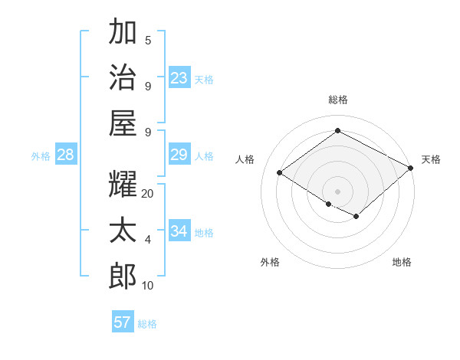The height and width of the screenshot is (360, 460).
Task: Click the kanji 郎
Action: [123, 275]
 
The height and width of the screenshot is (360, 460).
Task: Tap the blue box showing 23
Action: [179, 78]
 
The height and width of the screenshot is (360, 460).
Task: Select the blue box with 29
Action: [179, 155]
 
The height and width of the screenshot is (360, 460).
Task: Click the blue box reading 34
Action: [179, 231]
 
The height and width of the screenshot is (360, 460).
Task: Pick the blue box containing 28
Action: [65, 155]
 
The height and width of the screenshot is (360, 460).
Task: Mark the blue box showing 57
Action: [123, 322]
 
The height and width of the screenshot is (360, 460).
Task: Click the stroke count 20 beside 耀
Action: [148, 194]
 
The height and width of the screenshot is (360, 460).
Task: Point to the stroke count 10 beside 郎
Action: [148, 286]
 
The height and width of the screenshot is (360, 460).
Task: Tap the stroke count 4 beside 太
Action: [148, 240]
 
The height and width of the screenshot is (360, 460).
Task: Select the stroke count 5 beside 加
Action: [148, 41]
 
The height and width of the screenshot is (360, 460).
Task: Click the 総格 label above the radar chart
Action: [337, 100]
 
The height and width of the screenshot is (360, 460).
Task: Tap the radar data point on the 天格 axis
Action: [411, 168]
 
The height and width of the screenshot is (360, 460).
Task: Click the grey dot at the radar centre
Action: [337, 191]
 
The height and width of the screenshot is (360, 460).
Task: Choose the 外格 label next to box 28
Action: [41, 156]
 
